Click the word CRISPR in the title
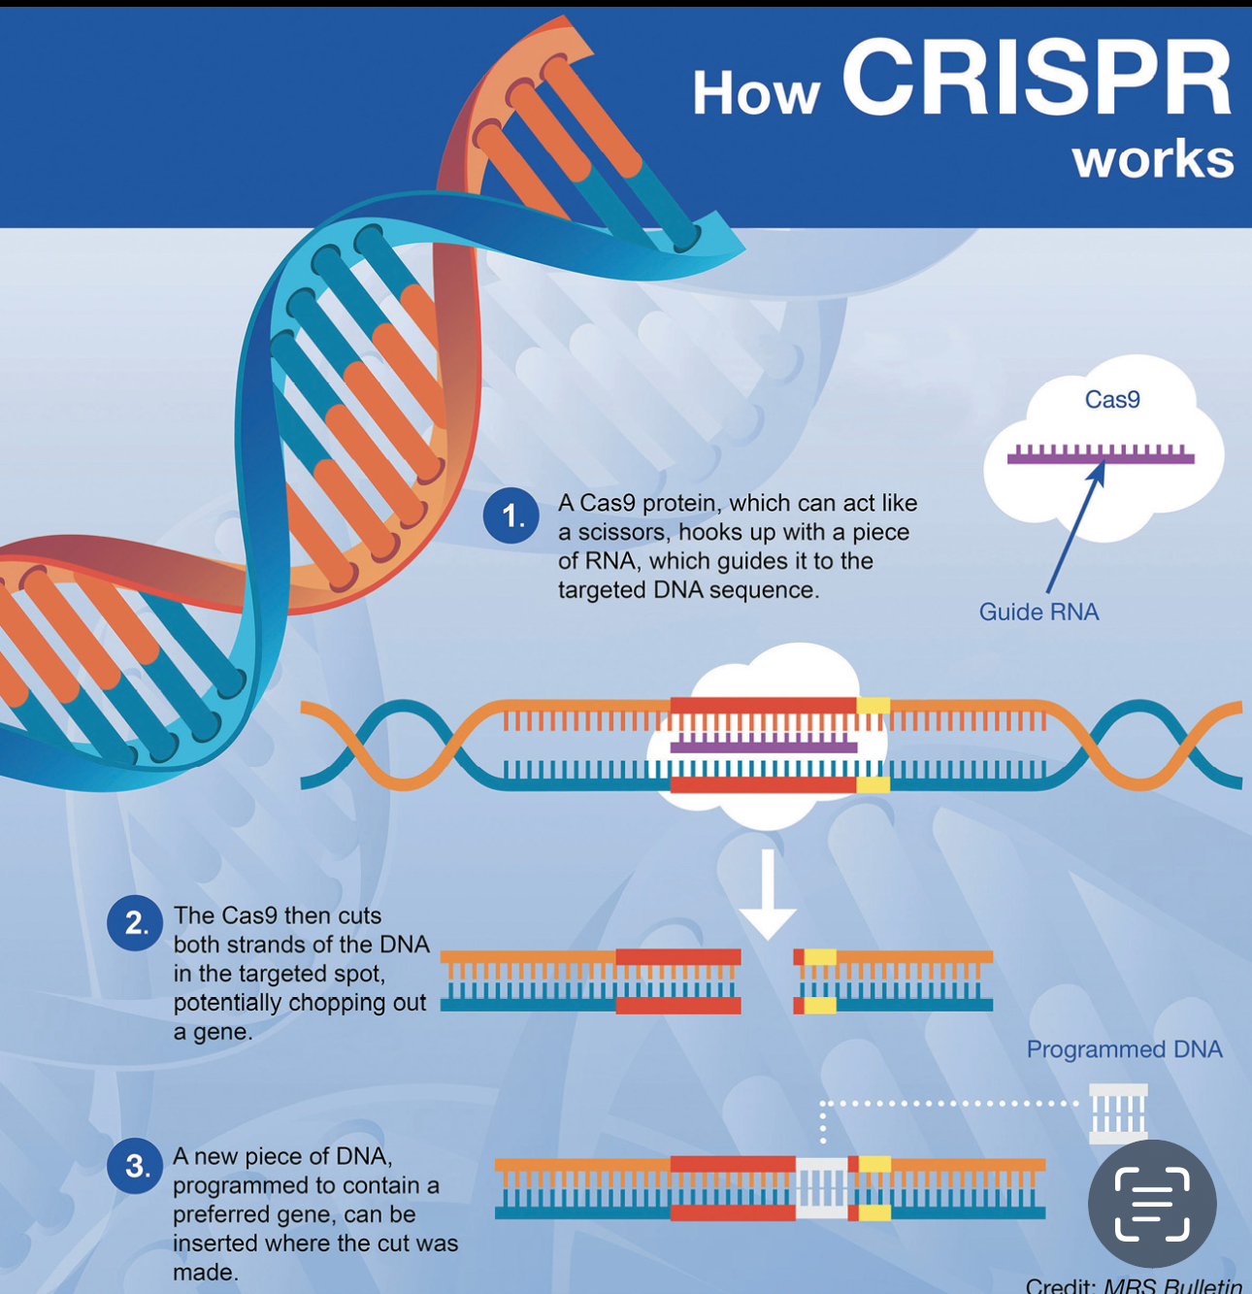coord(1038,79)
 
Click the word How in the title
coord(756,94)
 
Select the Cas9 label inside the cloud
coord(1112,399)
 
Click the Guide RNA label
coord(1038,612)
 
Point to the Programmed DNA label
coord(1124,1049)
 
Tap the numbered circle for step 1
coord(511,516)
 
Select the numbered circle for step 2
coord(135,923)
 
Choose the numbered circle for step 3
coord(135,1166)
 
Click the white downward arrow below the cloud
coord(768,894)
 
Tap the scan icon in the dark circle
coord(1152,1204)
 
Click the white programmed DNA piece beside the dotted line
coord(1118,1113)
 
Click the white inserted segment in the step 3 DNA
coord(822,1188)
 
